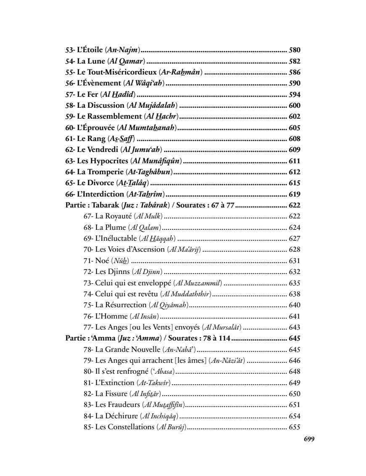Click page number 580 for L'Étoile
click(294, 50)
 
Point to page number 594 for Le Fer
click(294, 94)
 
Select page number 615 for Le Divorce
click(294, 183)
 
